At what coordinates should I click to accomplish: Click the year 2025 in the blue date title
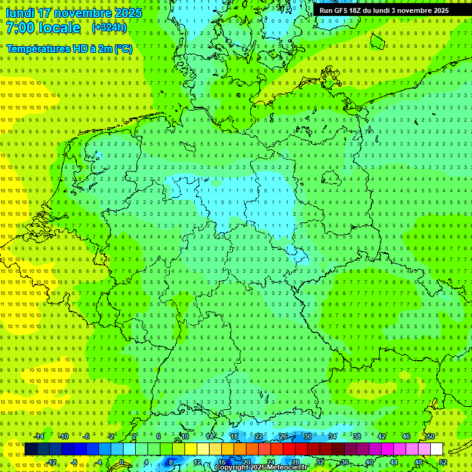[x=127, y=13]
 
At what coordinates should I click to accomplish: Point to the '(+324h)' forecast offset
[x=109, y=28]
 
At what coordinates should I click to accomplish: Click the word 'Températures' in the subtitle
[x=38, y=49]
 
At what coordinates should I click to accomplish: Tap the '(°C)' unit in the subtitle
[x=123, y=49]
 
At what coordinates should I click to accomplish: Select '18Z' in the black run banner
[x=358, y=10]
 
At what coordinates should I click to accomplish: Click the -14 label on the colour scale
[x=39, y=436]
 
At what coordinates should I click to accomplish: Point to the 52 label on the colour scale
[x=443, y=462]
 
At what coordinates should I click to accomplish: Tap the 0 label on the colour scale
[x=121, y=462]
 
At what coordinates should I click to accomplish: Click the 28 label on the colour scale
[x=295, y=462]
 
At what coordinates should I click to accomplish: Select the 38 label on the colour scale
[x=357, y=436]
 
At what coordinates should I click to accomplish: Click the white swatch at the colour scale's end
[x=436, y=449]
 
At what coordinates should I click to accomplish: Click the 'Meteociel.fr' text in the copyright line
[x=287, y=468]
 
